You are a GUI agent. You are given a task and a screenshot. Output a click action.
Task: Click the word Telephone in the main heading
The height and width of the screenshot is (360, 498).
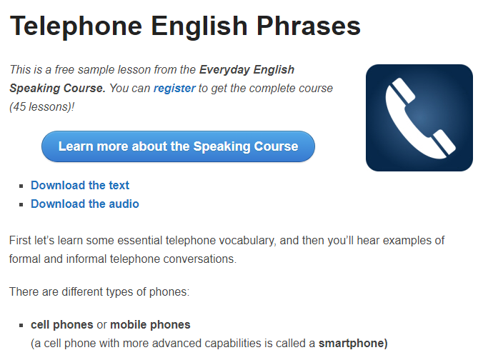[76, 26]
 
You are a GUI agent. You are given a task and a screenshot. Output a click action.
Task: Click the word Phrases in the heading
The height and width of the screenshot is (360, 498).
[309, 26]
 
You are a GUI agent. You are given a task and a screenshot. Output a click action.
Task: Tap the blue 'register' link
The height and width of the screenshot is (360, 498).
[174, 89]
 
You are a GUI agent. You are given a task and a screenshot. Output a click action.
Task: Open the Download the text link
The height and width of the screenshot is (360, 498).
[80, 185]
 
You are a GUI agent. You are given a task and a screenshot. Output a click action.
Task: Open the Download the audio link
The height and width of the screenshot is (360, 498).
[85, 204]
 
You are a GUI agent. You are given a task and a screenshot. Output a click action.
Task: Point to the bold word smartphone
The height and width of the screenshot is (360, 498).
[353, 343]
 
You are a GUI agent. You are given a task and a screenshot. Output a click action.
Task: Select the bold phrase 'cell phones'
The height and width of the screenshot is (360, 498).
[62, 325]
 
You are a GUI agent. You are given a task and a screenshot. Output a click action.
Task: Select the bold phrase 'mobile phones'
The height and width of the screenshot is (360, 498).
[150, 325]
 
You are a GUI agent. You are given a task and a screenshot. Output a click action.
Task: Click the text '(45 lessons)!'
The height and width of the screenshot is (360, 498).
[42, 106]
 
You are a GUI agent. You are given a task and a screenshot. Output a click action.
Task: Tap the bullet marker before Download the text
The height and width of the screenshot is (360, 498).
[21, 186]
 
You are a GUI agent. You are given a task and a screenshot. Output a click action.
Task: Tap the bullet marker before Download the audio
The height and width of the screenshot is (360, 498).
[21, 205]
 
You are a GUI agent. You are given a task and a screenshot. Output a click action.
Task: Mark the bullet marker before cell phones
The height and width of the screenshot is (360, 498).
[21, 326]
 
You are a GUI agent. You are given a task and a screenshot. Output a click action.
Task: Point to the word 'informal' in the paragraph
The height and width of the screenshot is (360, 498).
[86, 259]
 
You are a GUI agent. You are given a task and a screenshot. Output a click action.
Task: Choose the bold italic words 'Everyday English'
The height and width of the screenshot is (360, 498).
[246, 69]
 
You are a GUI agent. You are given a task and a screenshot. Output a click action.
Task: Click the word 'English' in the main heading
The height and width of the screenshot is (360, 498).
[199, 26]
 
